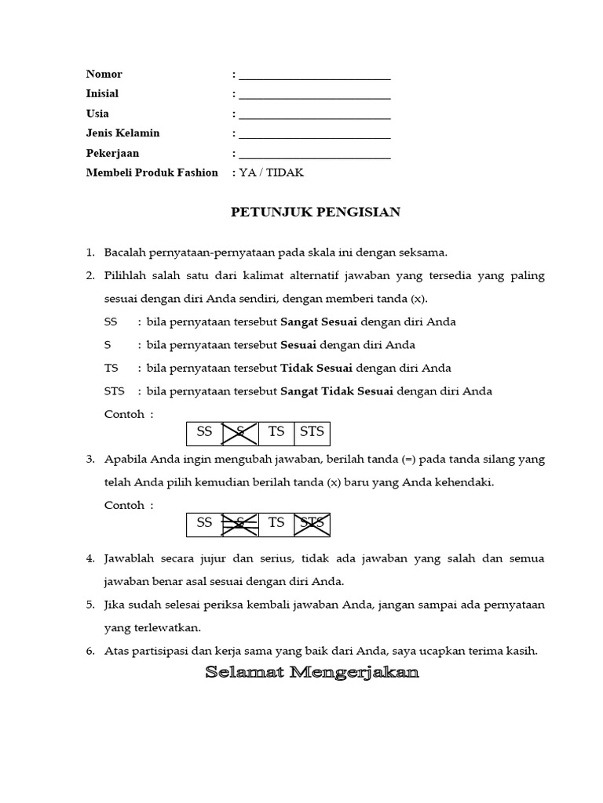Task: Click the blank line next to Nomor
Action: click(x=314, y=75)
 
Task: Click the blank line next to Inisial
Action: click(x=314, y=95)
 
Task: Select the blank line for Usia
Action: click(x=314, y=114)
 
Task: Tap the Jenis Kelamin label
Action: click(x=122, y=133)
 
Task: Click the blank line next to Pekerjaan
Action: click(x=314, y=154)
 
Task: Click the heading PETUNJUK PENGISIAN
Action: click(x=315, y=212)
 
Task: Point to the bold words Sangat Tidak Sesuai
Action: click(x=338, y=391)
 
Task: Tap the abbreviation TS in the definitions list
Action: click(x=111, y=368)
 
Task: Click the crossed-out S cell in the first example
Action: click(x=240, y=433)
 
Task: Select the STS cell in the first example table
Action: click(x=312, y=433)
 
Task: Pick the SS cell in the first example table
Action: click(x=205, y=433)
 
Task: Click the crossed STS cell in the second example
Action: click(x=312, y=524)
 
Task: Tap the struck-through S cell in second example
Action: click(x=240, y=524)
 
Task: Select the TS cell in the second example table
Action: click(x=276, y=524)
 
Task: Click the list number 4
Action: click(x=90, y=559)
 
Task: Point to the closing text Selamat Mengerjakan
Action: click(x=312, y=674)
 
